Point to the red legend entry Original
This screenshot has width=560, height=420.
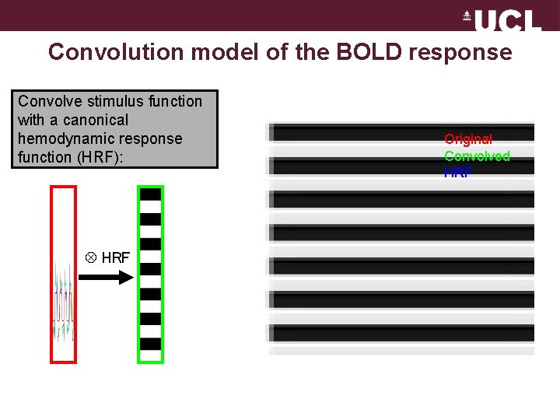(x=468, y=139)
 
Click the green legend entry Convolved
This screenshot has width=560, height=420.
(x=477, y=156)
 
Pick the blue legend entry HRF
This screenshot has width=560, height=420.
(x=458, y=173)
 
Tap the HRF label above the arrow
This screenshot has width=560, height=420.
(x=116, y=257)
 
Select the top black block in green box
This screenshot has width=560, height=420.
(x=151, y=194)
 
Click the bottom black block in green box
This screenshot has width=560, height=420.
(x=151, y=344)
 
